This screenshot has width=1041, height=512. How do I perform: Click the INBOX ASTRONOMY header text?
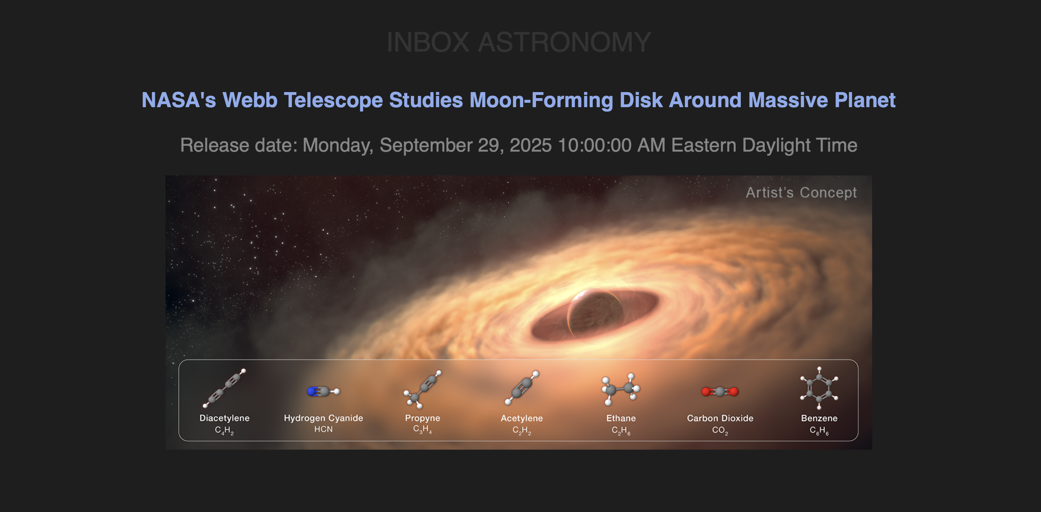coord(519,42)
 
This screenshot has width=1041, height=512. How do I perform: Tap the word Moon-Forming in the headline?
coord(541,100)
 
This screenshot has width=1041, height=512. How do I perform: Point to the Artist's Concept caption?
coord(801,192)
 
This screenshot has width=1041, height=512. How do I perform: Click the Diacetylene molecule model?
coord(224,388)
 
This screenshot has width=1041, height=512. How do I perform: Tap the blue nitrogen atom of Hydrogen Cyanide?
coord(312,391)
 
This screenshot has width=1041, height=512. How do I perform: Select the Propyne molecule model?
coord(422,389)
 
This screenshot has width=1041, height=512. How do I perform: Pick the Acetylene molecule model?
coord(522,388)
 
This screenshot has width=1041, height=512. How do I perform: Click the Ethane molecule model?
coord(621,389)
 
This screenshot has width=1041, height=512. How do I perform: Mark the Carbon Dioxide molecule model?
coord(720,391)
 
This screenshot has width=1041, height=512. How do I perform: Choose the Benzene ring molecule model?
coord(819,388)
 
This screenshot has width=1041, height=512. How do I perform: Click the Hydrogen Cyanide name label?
coord(323,418)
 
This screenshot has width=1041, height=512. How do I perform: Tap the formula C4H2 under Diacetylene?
coord(224,430)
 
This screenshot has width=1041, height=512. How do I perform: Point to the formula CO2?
coord(720,430)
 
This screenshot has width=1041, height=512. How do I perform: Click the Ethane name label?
coord(621,418)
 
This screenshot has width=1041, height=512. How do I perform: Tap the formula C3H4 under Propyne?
coord(422,429)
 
